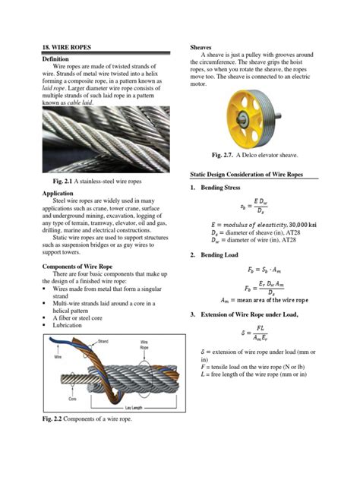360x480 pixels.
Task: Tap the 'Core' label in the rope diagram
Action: pos(71,398)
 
